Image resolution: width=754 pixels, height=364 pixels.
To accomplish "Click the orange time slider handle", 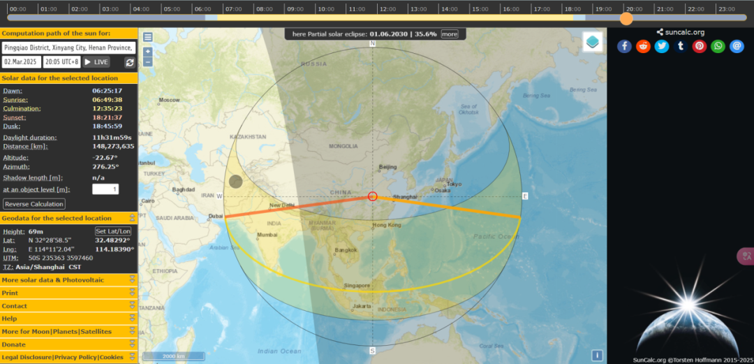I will point(626,18).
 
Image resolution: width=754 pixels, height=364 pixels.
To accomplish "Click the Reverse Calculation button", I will point(34,204).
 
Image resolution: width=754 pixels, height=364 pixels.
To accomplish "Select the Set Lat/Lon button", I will point(113,231).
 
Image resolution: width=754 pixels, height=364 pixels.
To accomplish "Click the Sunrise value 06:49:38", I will point(108,100).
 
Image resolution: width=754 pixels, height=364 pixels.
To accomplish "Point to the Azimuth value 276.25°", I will point(105,167).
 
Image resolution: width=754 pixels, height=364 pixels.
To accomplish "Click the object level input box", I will point(105,189).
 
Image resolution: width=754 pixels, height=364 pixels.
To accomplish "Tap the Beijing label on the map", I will point(387,167).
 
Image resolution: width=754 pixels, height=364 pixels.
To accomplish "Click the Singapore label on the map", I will point(356,285).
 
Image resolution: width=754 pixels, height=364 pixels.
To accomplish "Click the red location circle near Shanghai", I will point(373,196).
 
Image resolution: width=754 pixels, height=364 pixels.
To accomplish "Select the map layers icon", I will point(593,42).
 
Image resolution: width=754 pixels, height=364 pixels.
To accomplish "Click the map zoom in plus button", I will point(148,52).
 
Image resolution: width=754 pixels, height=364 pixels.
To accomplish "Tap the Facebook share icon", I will point(624,46).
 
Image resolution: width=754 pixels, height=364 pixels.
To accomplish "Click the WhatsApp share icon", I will point(718,46).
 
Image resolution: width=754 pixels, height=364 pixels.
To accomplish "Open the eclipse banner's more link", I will point(449,34).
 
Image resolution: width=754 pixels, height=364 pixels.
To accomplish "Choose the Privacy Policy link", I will point(76,357).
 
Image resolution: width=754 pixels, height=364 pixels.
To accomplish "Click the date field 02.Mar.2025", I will point(21,62).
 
